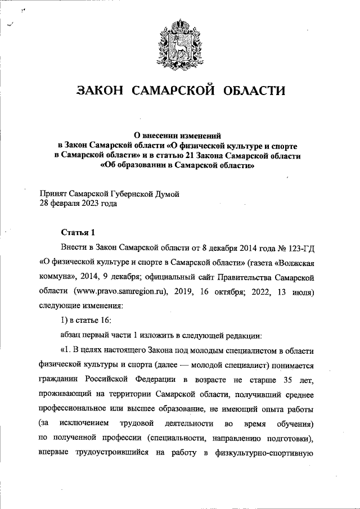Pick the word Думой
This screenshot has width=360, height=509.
(x=166, y=194)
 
